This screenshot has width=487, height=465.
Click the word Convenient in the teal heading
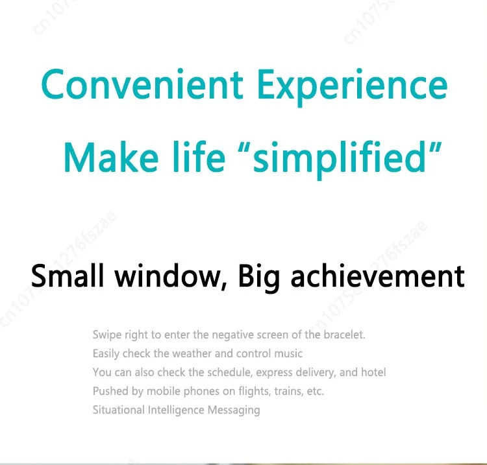pyautogui.click(x=142, y=84)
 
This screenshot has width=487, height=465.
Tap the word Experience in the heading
pyautogui.click(x=353, y=88)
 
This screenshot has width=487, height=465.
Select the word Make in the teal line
pyautogui.click(x=111, y=157)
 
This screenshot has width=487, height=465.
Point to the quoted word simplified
pyautogui.click(x=339, y=160)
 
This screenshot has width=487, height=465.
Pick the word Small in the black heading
pyautogui.click(x=67, y=276)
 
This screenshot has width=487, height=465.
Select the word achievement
pyautogui.click(x=378, y=276)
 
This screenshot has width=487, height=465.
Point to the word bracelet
pyautogui.click(x=344, y=335)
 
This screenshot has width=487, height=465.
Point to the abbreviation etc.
pyautogui.click(x=315, y=391)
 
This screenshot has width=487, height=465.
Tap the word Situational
pyautogui.click(x=119, y=410)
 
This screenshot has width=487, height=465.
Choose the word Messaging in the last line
pyautogui.click(x=234, y=411)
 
